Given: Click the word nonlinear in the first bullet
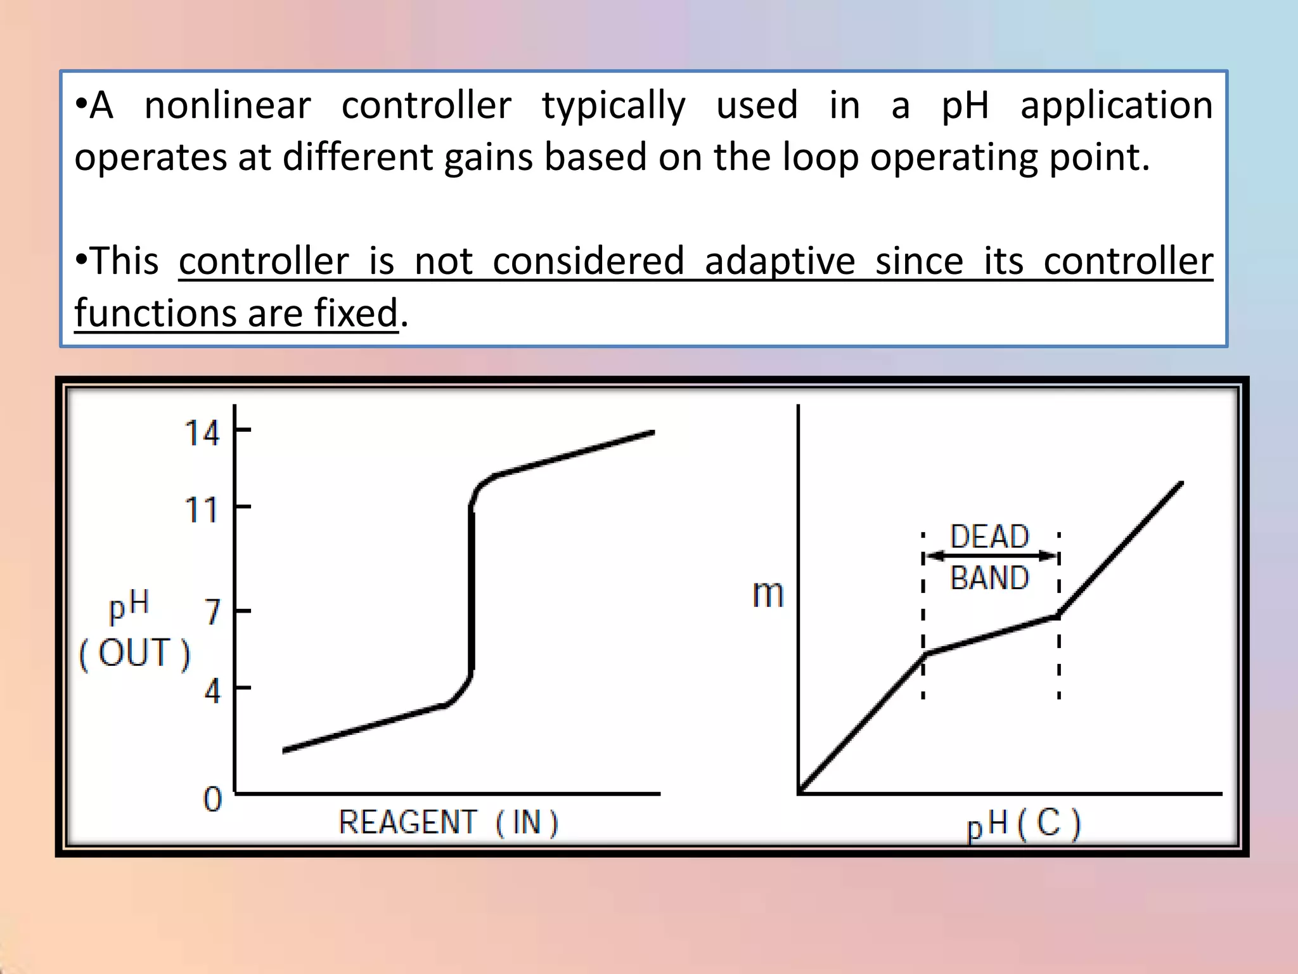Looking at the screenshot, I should click(228, 105).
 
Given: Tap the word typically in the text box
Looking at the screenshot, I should click(614, 107).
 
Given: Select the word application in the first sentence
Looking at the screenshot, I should click(1116, 105).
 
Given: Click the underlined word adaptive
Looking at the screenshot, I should click(780, 262).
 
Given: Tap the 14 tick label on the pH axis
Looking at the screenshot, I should click(202, 434).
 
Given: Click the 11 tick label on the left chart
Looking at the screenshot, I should click(202, 510).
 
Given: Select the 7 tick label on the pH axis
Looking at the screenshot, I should click(213, 613).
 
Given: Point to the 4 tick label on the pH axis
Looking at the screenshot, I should click(213, 691).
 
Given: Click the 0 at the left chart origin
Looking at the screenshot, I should click(213, 800).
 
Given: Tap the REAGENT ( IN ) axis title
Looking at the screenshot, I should click(448, 823).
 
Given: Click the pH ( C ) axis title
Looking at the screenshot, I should click(1024, 824).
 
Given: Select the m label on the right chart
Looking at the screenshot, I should click(768, 594).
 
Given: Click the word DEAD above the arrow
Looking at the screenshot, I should click(989, 537).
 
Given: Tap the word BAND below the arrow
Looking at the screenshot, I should click(989, 578).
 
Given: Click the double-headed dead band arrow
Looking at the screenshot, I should click(991, 557).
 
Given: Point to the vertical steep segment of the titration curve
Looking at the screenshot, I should click(472, 590).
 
